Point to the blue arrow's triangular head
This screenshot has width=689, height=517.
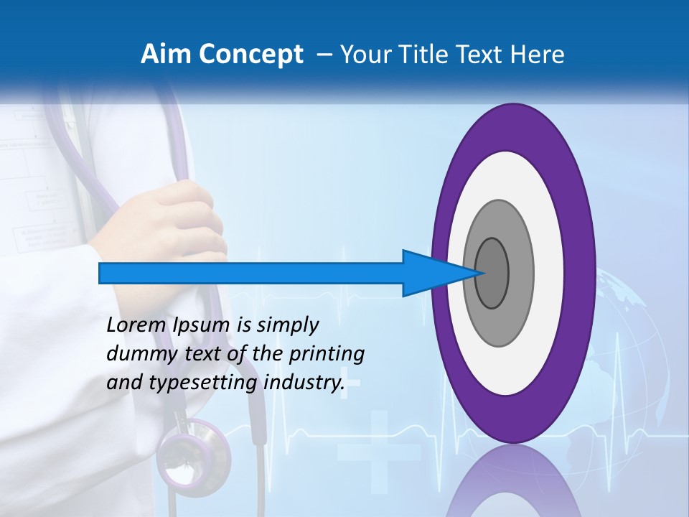tap(434, 273)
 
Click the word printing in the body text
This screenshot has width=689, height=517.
tap(327, 355)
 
